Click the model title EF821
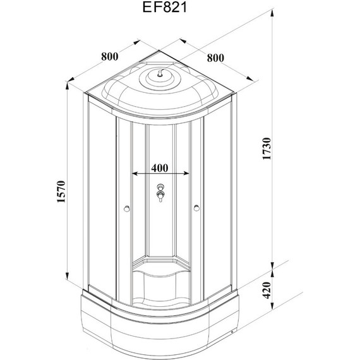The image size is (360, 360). (x=165, y=8)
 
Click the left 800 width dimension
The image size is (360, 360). (x=110, y=56)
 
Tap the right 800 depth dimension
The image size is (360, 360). (x=215, y=58)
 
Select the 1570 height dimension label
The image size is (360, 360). (x=61, y=192)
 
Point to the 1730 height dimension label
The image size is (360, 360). (x=267, y=149)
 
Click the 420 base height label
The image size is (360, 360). (x=267, y=291)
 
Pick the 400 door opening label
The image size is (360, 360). (x=160, y=168)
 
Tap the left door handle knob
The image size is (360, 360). (x=126, y=208)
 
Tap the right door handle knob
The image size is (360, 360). (x=196, y=208)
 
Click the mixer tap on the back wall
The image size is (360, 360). (x=160, y=193)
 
